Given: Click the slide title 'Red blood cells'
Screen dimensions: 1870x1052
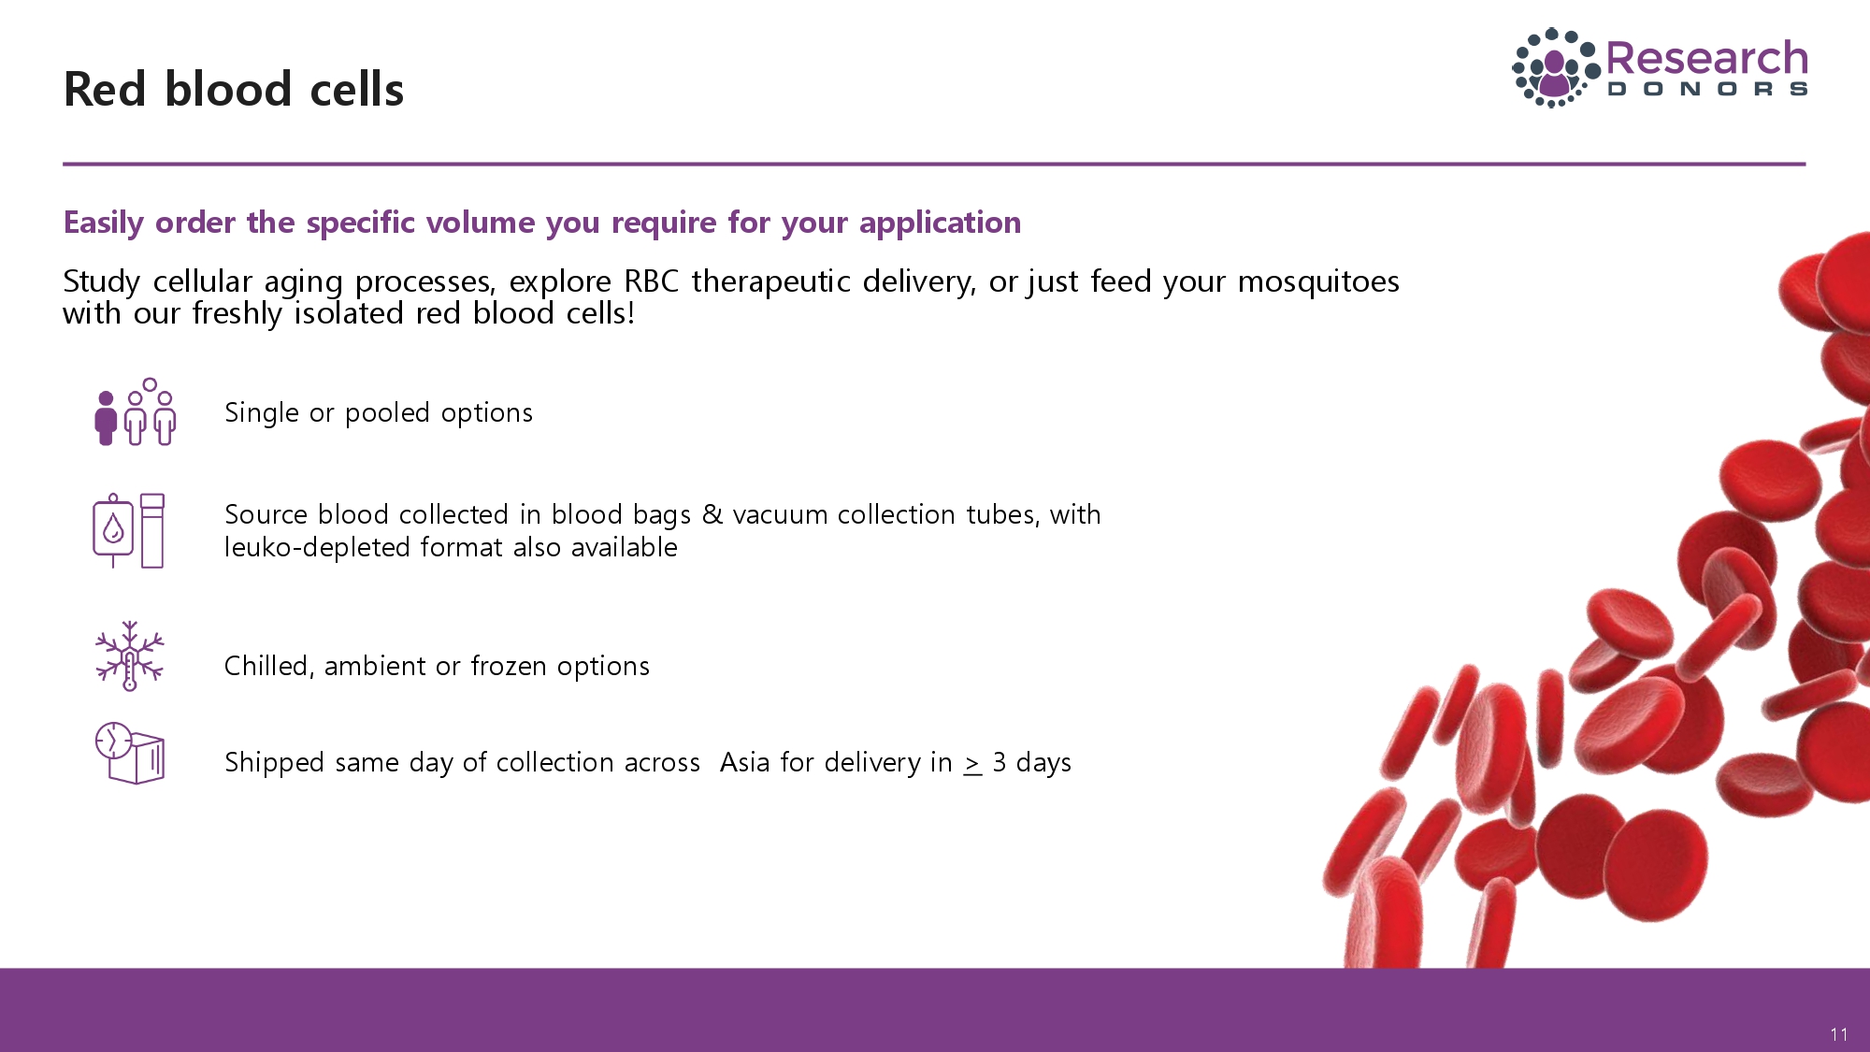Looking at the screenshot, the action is click(234, 90).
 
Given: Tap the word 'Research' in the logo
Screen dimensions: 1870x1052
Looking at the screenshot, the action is click(1706, 58).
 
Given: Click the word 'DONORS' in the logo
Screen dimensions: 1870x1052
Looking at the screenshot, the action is click(1707, 90).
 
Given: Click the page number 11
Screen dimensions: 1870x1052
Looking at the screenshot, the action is click(1839, 1034).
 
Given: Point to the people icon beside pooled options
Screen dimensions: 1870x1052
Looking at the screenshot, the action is click(136, 411).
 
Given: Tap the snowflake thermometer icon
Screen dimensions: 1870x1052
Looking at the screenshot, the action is click(130, 656).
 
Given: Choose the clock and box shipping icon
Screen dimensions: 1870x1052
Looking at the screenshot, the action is click(130, 753).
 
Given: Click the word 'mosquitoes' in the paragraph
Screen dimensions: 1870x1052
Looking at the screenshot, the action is click(1318, 281).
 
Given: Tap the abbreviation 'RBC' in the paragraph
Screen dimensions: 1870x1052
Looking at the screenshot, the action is click(652, 281).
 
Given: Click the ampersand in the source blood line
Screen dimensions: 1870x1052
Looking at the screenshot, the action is click(712, 514).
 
